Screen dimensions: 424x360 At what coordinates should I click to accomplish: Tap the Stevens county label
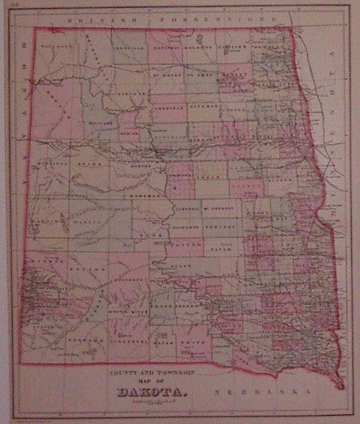pos(132,93)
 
